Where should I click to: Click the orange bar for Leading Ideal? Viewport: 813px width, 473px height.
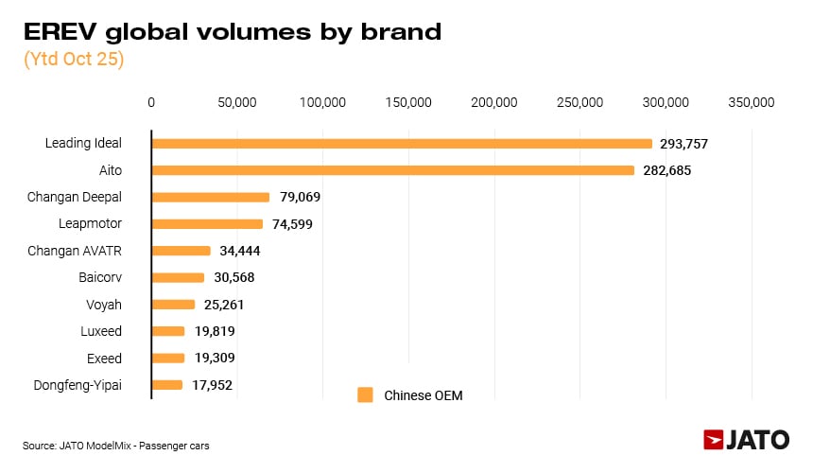[x=402, y=144]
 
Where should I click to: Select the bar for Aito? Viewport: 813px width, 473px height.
[x=392, y=170]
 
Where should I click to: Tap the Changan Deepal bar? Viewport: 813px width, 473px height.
[x=210, y=198]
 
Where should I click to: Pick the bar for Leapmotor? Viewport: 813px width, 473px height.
[x=207, y=224]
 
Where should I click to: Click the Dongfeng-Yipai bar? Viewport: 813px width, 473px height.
[x=166, y=385]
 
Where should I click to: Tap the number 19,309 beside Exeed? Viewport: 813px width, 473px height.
[x=213, y=359]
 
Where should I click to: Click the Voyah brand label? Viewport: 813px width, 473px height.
[x=104, y=305]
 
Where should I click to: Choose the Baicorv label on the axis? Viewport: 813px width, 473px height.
[x=100, y=278]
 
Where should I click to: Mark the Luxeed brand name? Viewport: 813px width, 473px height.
[x=100, y=331]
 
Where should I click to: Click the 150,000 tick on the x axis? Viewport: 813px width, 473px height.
[x=408, y=102]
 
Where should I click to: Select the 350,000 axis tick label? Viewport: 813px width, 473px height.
[x=752, y=102]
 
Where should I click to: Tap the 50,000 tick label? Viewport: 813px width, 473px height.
[x=236, y=102]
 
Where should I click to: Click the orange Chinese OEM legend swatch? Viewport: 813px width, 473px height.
[x=366, y=395]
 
